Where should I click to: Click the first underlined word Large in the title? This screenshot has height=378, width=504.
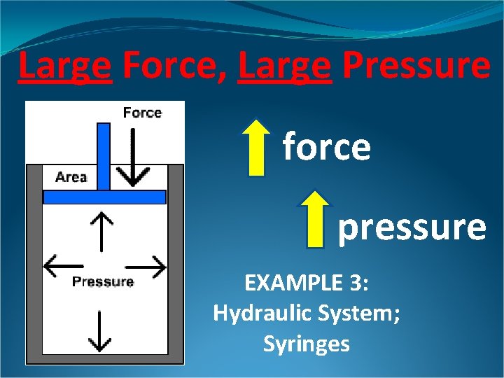coord(65,66)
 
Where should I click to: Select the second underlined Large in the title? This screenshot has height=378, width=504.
coord(284,66)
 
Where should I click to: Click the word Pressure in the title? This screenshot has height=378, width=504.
coord(417,66)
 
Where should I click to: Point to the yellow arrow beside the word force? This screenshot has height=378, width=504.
coord(258,147)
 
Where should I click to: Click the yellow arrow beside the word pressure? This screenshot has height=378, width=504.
coord(316,219)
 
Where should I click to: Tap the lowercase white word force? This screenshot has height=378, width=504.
coord(326,147)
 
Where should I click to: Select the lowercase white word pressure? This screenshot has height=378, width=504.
coord(412,227)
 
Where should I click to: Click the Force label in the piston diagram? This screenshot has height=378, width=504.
coord(142,113)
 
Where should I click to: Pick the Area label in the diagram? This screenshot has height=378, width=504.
coord(71,177)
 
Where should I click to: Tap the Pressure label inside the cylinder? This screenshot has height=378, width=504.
coord(103,282)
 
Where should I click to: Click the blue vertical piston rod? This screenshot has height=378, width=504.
coord(104,155)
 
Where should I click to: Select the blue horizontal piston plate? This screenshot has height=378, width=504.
coord(104,197)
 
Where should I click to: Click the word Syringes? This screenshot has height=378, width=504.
coord(306,344)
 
